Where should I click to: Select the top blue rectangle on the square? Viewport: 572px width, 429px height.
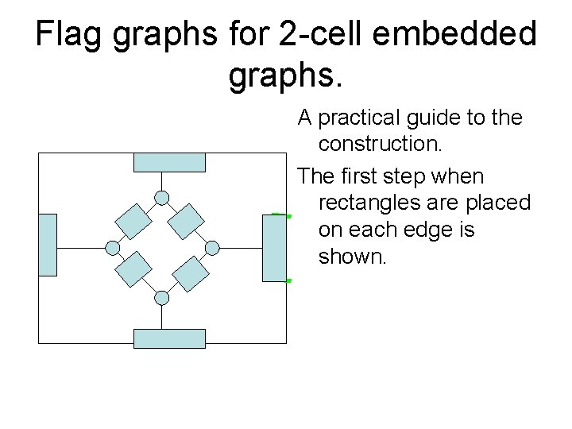tap(169, 162)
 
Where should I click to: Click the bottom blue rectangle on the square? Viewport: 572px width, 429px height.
tap(169, 338)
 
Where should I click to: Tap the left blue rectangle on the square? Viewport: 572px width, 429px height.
tap(48, 245)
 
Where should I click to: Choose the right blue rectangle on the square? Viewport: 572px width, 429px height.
tap(274, 247)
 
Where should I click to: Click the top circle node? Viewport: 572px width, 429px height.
tap(162, 198)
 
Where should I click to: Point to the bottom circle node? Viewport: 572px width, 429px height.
tap(162, 298)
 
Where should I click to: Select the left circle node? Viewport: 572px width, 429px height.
tap(113, 248)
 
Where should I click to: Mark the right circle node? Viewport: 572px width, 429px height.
tap(212, 248)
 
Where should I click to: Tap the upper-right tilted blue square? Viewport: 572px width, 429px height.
tap(188, 221)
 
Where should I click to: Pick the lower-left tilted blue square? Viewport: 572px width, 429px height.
tap(133, 270)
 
